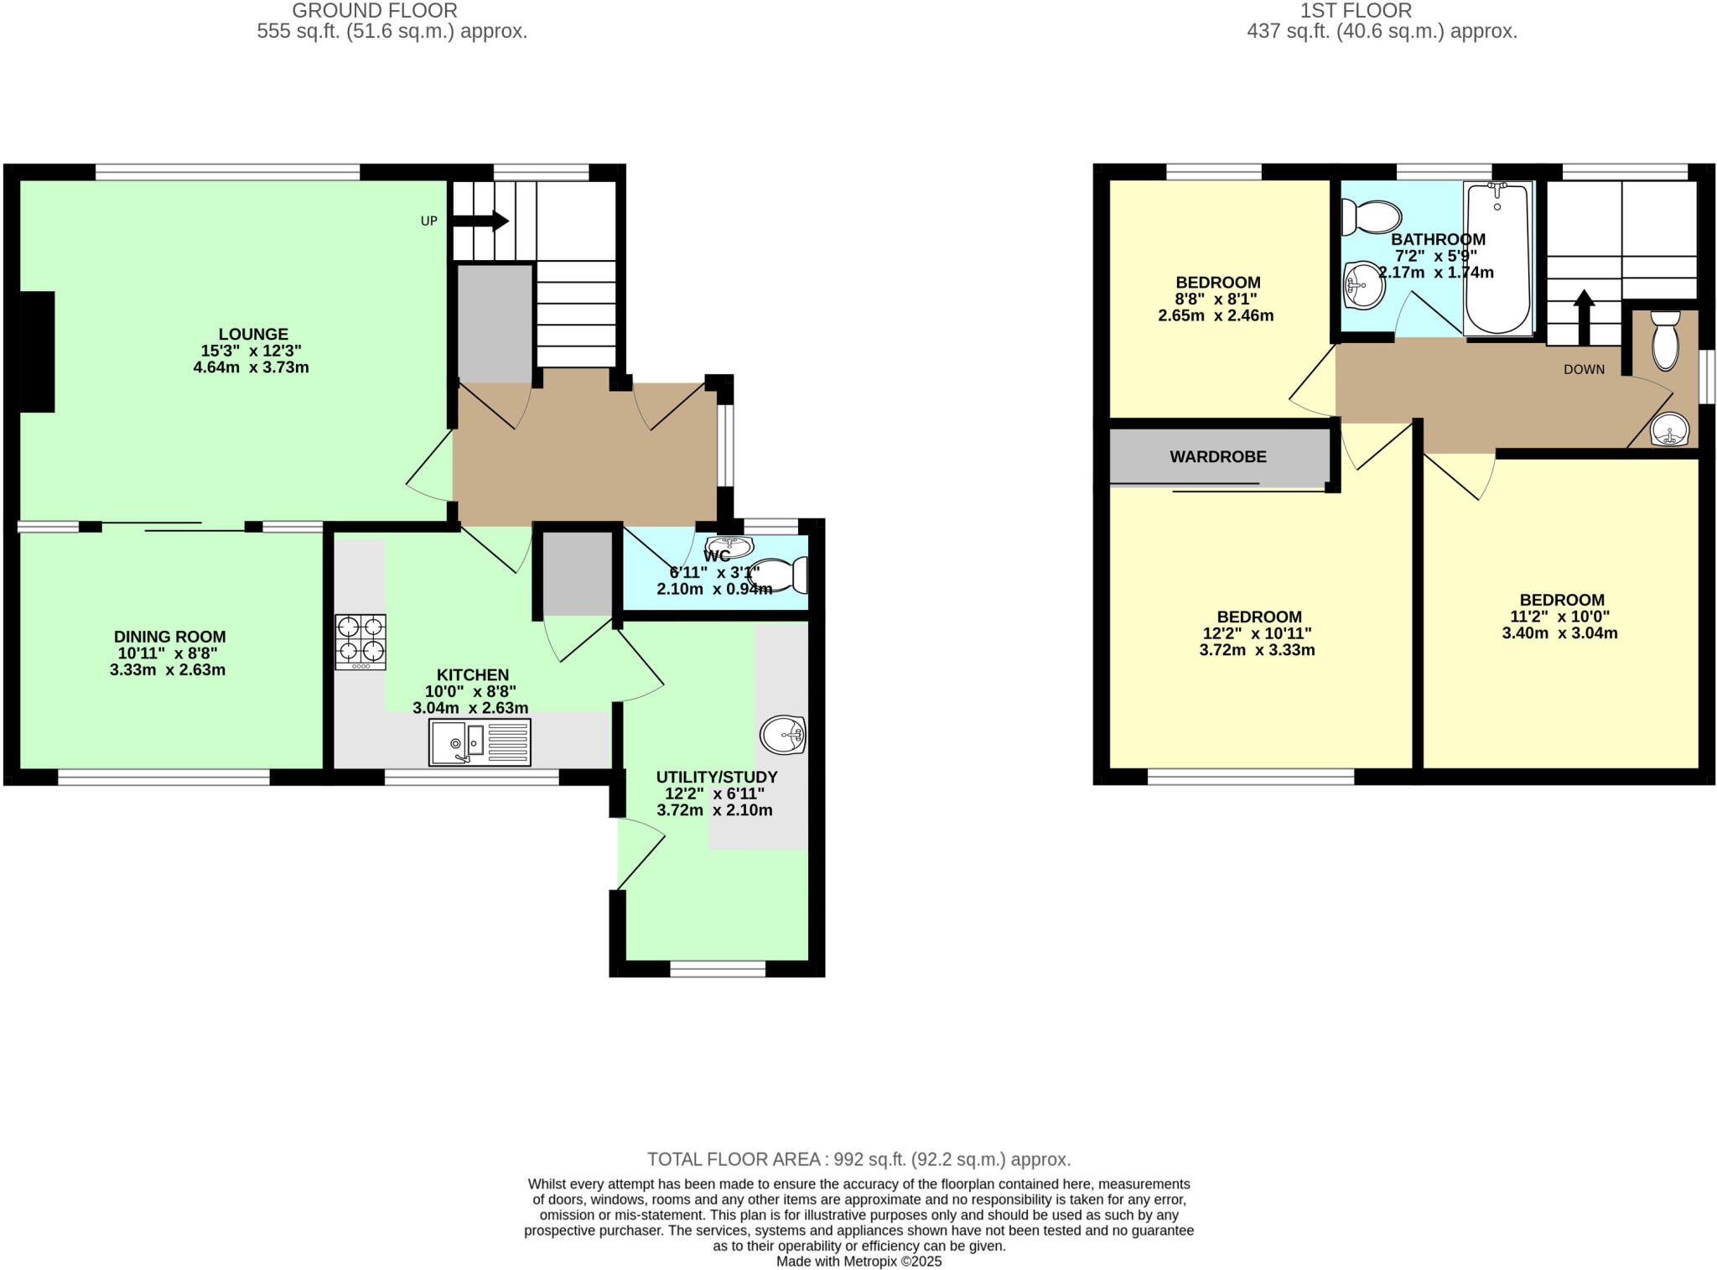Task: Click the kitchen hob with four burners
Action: point(361,642)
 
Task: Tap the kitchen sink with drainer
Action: point(480,742)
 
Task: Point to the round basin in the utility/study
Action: point(782,736)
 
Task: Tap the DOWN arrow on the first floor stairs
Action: point(1584,318)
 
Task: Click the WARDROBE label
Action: point(1217,457)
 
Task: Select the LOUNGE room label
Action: point(253,334)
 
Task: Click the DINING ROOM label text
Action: point(170,637)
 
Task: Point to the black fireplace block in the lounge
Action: point(38,351)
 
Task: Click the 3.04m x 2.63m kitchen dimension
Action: point(470,708)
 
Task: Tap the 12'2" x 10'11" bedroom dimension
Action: point(1258,633)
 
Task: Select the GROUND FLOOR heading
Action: point(374,11)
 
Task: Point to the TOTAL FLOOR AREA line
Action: point(858,1159)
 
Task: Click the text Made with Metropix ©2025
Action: point(858,1262)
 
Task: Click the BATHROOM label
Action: point(1438,240)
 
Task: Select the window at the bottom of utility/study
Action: point(718,969)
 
